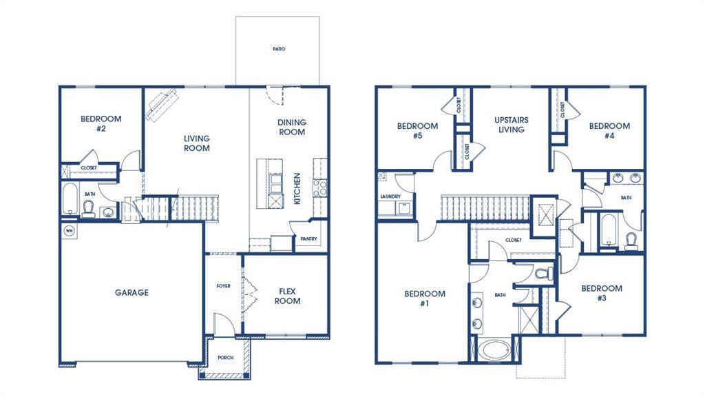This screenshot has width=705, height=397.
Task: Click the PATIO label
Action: click(278, 50)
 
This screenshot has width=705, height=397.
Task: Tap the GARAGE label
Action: click(131, 293)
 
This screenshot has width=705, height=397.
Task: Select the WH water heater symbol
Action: click(69, 230)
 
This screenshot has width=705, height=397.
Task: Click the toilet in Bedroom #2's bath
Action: click(88, 210)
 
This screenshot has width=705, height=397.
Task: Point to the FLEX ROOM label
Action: click(287, 296)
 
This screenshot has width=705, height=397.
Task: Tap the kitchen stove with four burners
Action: click(319, 187)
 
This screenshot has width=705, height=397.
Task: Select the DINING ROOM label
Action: click(292, 127)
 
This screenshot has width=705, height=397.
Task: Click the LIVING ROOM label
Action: click(196, 143)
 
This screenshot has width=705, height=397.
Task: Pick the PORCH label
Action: click(225, 358)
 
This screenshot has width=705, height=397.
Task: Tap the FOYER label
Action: click(224, 286)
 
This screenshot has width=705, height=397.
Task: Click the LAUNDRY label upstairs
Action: click(390, 196)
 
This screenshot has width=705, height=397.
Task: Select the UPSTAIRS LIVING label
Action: click(511, 124)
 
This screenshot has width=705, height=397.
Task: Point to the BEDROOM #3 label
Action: click(601, 293)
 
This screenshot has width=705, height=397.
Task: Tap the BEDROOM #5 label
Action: click(417, 131)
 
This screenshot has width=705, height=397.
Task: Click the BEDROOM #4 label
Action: click(609, 131)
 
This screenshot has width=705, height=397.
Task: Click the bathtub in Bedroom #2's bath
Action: click(70, 200)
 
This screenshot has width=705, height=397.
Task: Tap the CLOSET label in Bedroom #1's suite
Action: click(513, 240)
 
